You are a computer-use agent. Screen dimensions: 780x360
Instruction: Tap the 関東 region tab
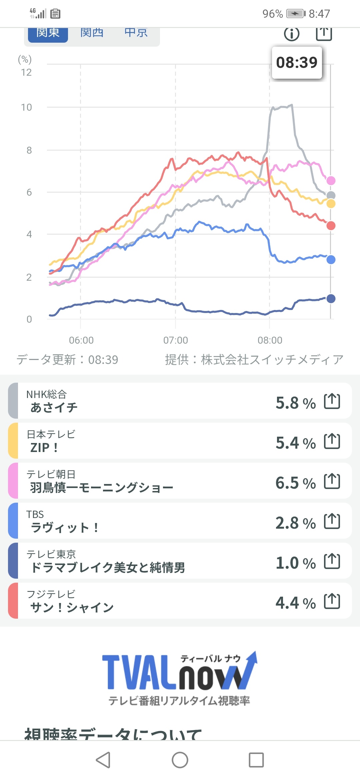(48, 33)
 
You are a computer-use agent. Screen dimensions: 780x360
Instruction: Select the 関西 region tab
(92, 33)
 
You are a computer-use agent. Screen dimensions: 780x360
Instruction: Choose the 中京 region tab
(136, 33)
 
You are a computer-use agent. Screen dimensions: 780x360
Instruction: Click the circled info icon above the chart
(292, 34)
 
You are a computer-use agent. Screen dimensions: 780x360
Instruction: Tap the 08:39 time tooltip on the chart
(297, 63)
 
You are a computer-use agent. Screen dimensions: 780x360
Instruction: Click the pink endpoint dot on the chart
(331, 181)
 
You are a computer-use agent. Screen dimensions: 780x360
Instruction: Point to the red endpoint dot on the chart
(331, 226)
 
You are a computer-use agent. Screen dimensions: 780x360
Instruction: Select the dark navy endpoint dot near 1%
(331, 299)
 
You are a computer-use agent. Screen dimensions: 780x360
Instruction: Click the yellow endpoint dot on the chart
(331, 204)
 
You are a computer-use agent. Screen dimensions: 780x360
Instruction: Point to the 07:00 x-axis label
(176, 340)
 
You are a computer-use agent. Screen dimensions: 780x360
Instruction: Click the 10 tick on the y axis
(26, 107)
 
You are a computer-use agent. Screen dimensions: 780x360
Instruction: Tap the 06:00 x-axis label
(81, 340)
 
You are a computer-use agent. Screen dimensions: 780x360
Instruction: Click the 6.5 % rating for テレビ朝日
(295, 483)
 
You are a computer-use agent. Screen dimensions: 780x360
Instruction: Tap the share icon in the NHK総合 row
(332, 401)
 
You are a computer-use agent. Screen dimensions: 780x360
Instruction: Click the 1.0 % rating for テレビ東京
(295, 563)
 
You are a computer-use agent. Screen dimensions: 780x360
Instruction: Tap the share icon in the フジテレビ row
(332, 601)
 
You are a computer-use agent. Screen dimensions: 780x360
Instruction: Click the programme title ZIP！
(44, 448)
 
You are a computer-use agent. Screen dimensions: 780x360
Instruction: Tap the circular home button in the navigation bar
(180, 760)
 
